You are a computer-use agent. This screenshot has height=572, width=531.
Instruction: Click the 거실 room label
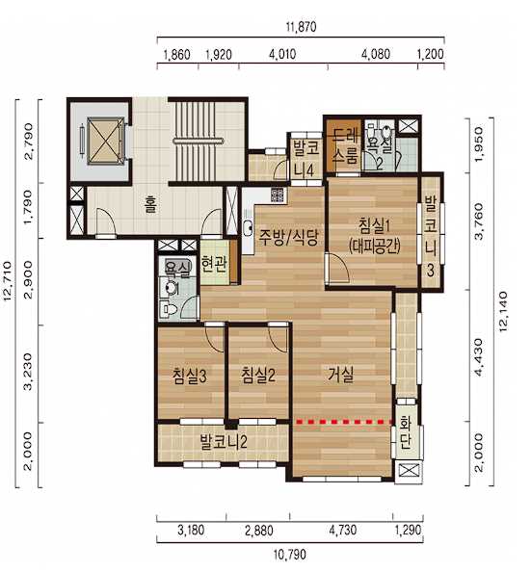340,375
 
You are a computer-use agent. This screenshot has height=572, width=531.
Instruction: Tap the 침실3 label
190,377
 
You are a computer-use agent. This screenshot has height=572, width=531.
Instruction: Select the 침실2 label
258,376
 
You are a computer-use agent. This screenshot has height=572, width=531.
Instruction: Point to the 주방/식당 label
288,237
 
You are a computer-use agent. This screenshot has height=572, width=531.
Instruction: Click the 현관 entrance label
214,264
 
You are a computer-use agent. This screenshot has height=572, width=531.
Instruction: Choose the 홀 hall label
151,204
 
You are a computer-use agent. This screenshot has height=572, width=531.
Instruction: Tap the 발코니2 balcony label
224,442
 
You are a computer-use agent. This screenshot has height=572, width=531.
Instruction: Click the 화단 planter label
406,433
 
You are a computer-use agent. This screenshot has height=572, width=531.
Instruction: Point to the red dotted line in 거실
345,422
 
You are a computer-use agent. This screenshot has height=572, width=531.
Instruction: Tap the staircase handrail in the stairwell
198,141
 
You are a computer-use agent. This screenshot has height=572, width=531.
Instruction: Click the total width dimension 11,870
302,27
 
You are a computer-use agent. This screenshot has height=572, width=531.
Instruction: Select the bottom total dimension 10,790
290,555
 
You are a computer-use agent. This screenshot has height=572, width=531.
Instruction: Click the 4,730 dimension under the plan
343,530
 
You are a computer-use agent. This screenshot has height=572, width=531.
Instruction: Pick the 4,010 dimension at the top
282,54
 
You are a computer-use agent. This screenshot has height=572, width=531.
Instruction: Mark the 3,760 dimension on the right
478,222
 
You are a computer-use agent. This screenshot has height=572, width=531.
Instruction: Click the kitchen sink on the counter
249,227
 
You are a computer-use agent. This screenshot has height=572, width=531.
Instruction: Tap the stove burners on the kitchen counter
278,195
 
